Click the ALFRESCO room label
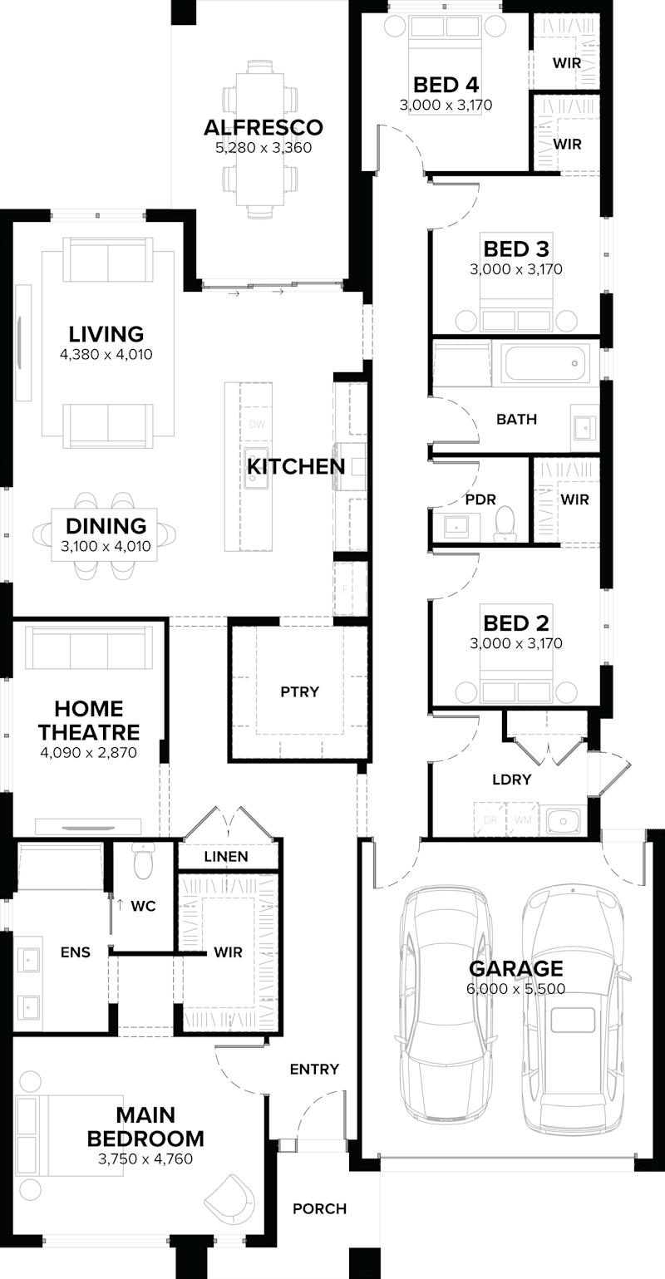click(263, 127)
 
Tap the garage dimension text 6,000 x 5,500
click(516, 989)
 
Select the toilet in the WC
click(144, 863)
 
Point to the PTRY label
click(299, 691)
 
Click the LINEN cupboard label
click(226, 856)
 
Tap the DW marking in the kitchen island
click(256, 425)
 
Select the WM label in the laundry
click(521, 819)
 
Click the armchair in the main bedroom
click(230, 1198)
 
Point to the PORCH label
click(319, 1208)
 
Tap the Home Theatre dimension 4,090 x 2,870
click(88, 753)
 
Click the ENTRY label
click(314, 1070)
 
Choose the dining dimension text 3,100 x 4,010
click(106, 547)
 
